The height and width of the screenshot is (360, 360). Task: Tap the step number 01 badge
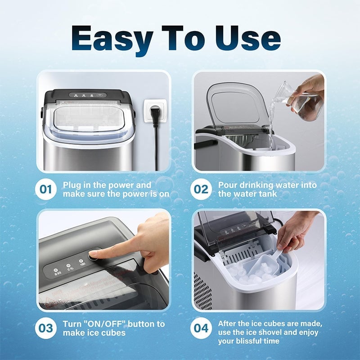tap(46, 189)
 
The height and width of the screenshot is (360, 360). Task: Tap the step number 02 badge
tap(202, 189)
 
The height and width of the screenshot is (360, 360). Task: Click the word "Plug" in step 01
tap(72, 185)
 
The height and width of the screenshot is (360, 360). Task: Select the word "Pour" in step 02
tap(228, 185)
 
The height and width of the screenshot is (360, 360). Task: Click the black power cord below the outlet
tap(156, 148)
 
